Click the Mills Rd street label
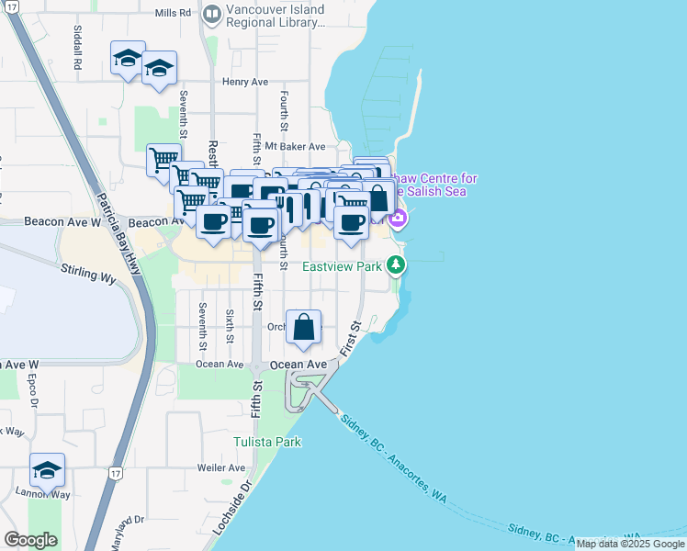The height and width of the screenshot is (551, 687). (174, 14)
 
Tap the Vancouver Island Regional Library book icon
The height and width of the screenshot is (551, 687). (212, 14)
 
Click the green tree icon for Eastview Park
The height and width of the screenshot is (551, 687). (396, 265)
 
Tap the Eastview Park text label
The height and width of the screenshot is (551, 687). (343, 266)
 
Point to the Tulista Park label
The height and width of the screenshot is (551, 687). (266, 442)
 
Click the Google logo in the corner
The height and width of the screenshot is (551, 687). (30, 540)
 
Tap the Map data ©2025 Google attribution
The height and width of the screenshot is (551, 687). (630, 545)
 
